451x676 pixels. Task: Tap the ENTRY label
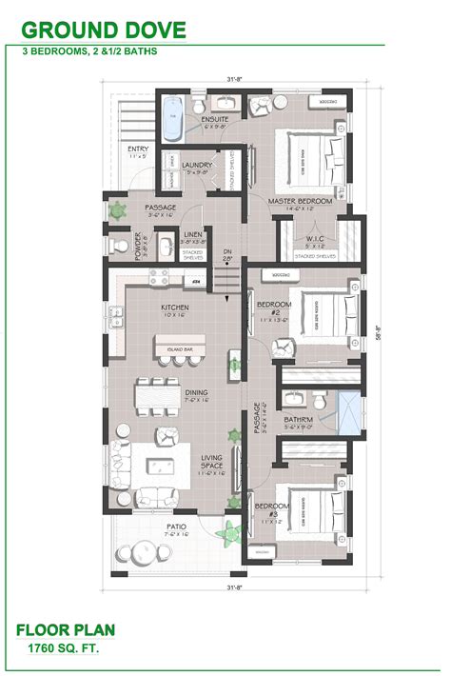click(137, 151)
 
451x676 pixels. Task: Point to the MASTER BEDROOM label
click(301, 202)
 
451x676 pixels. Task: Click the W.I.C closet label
click(315, 238)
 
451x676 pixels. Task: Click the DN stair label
click(227, 252)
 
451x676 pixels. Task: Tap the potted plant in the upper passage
click(118, 208)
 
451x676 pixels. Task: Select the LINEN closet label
click(192, 234)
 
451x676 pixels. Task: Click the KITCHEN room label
click(174, 308)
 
